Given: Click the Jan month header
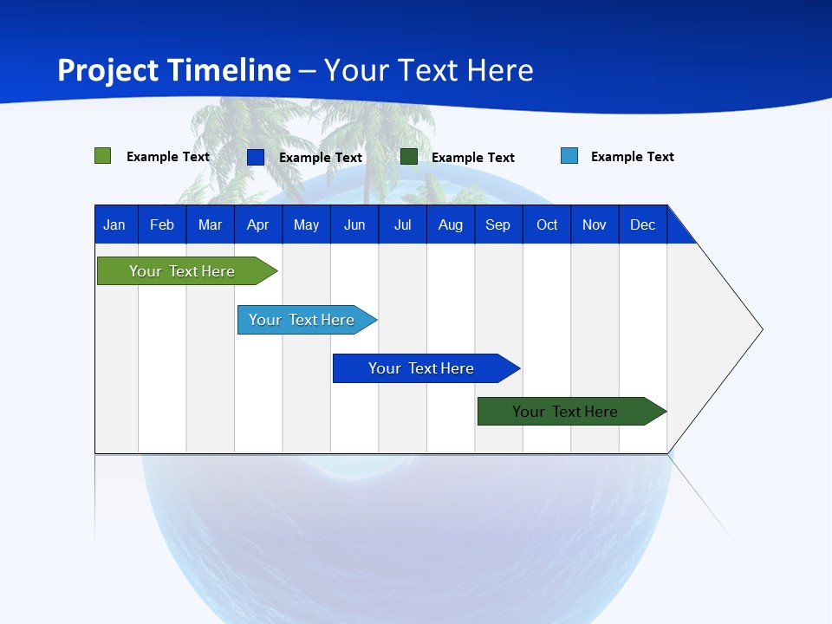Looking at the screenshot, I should [x=114, y=224].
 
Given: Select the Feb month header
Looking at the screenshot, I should [x=162, y=224].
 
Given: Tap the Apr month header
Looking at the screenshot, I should [x=257, y=224].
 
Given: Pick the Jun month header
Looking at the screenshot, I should [x=354, y=224].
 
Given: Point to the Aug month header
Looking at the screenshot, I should [x=450, y=224].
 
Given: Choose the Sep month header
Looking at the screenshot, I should [x=497, y=224].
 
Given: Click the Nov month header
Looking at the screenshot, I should [x=595, y=224].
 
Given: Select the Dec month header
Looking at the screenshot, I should [x=642, y=224].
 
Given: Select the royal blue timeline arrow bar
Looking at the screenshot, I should [x=422, y=368].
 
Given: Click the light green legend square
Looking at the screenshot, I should [x=102, y=156].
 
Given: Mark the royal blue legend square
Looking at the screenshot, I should [x=256, y=157].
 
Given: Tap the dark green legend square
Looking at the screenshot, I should [x=409, y=157].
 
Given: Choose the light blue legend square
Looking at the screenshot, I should [x=569, y=156].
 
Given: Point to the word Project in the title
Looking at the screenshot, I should [x=107, y=70].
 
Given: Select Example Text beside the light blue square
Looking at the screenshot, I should [x=632, y=157].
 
